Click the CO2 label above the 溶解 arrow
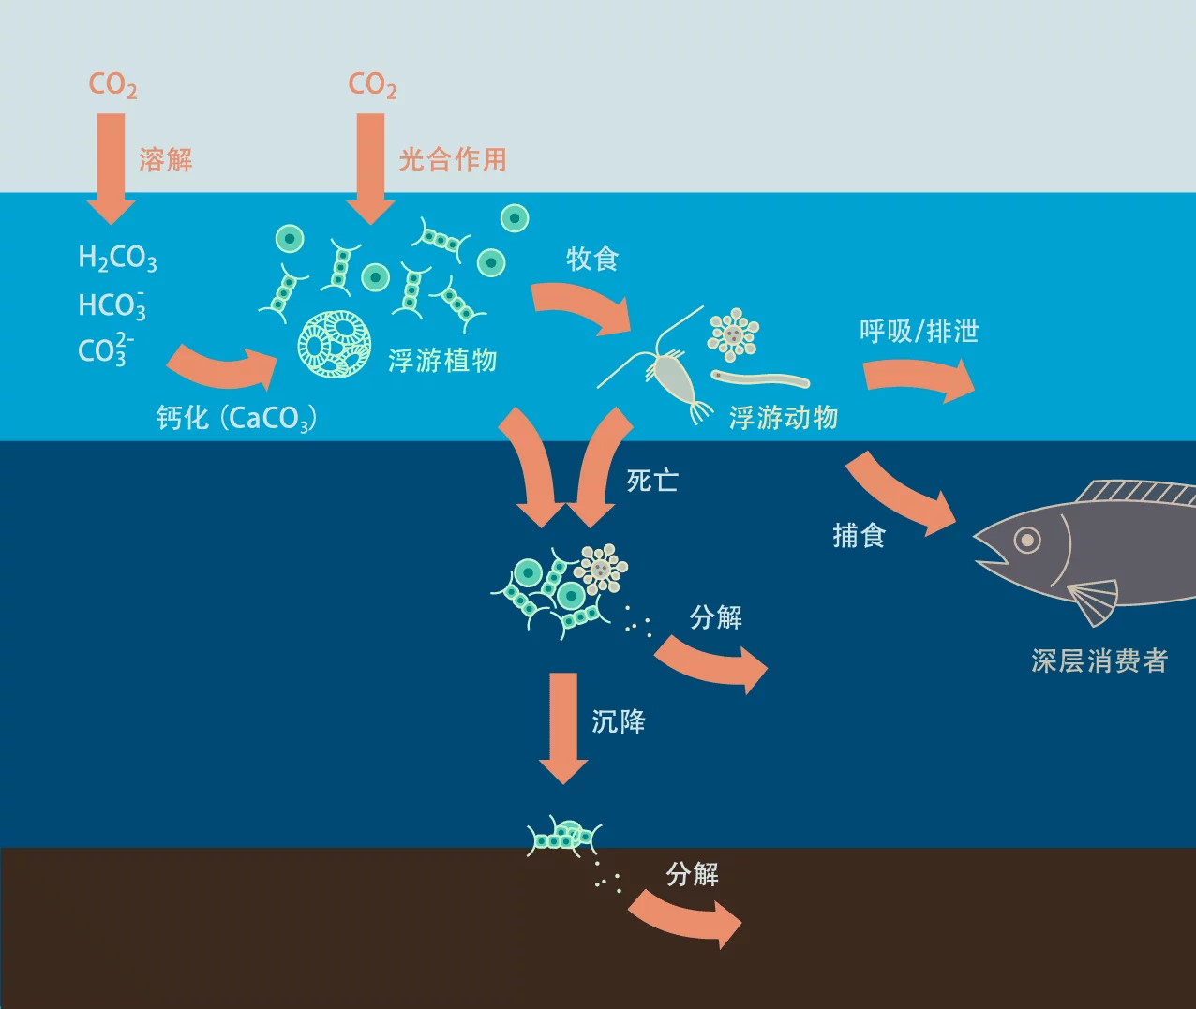click(112, 85)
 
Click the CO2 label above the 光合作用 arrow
click(372, 85)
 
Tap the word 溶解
click(166, 159)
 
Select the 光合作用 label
click(453, 159)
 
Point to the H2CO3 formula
click(117, 258)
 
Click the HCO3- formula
click(112, 305)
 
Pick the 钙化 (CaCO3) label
click(236, 418)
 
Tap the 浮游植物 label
click(442, 360)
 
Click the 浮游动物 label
click(784, 418)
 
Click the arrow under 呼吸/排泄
click(919, 378)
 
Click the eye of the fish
click(1028, 541)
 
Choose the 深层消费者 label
click(1099, 661)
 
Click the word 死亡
click(652, 481)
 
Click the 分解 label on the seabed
click(693, 874)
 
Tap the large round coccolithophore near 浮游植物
click(335, 344)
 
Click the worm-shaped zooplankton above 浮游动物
click(760, 379)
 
